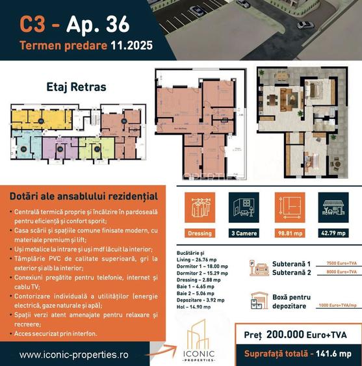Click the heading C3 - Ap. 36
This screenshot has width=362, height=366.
click(75, 25)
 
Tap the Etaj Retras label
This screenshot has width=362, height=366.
click(76, 86)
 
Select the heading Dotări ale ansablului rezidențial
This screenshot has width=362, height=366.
click(84, 195)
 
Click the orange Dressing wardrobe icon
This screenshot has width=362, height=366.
click(200, 208)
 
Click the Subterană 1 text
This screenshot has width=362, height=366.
click(291, 263)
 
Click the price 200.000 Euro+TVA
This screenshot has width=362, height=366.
click(300, 335)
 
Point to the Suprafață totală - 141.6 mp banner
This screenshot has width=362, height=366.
click(298, 354)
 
